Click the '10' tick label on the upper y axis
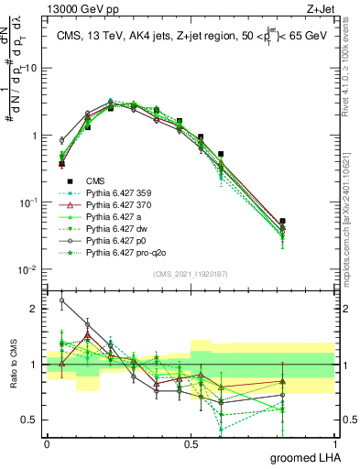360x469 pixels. [31, 68]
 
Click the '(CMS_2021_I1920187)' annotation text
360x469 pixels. [190, 274]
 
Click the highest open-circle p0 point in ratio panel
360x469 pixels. [61, 300]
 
